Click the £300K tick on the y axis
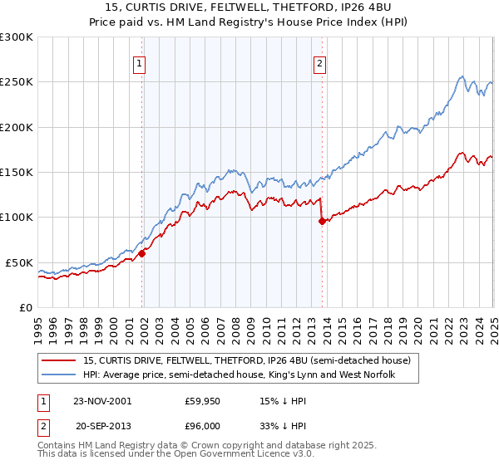(17, 37)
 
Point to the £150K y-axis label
(17, 173)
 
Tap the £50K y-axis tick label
(19, 262)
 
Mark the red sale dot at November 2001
(142, 254)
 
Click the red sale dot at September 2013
(322, 221)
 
